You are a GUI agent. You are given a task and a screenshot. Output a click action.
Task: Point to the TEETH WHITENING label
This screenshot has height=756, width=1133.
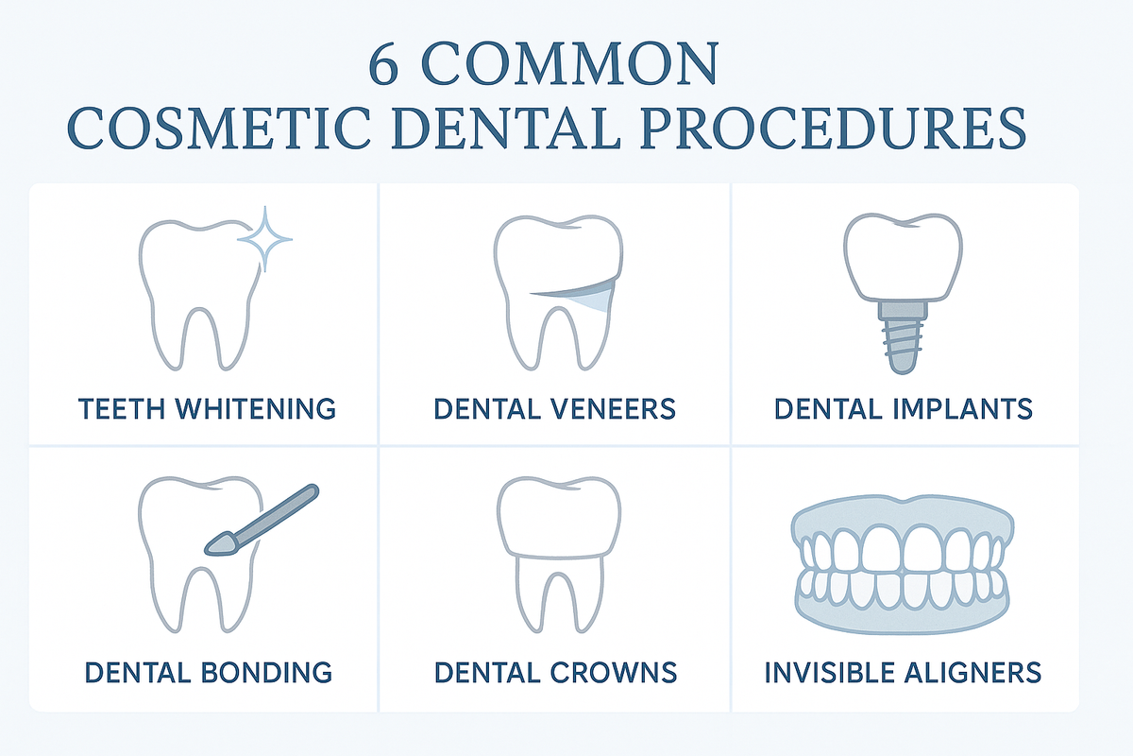[x=207, y=408]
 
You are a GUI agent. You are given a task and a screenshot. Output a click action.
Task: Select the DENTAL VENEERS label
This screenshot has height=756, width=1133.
[x=554, y=408]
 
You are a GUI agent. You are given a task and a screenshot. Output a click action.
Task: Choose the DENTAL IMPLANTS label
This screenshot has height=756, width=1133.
[x=904, y=408]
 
